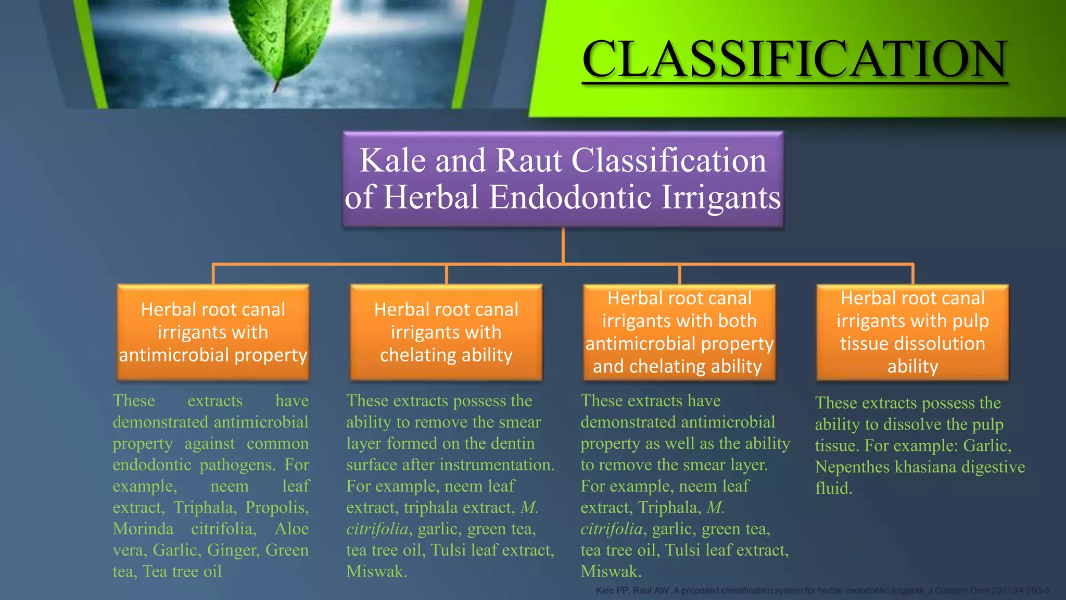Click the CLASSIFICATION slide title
tap(795, 58)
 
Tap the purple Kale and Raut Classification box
tap(563, 179)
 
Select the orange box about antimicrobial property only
tap(213, 332)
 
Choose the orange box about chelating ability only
tap(446, 332)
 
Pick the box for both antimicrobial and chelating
tap(679, 332)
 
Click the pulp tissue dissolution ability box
tap(912, 332)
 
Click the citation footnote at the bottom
tap(822, 591)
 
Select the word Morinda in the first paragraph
tap(143, 529)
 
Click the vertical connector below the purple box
tap(563, 245)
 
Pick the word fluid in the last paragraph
tap(833, 489)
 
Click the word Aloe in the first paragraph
tap(291, 529)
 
